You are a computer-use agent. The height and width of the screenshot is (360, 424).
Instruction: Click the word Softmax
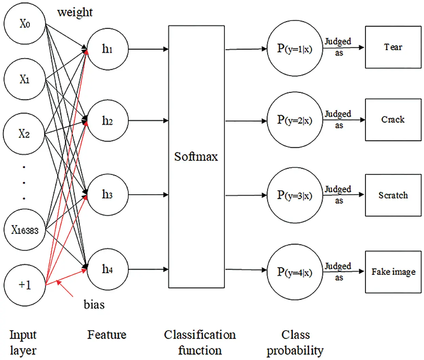click(196, 157)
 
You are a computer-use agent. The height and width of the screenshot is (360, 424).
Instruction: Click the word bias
click(94, 304)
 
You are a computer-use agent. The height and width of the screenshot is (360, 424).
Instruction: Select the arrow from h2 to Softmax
click(149, 120)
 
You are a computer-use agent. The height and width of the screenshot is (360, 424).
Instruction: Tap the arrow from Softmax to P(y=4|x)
click(246, 270)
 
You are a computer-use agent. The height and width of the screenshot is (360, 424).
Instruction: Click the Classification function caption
click(200, 342)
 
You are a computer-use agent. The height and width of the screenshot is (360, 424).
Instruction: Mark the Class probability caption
click(295, 343)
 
